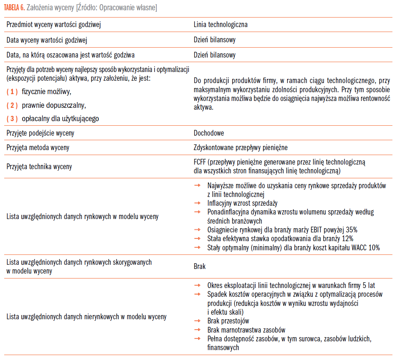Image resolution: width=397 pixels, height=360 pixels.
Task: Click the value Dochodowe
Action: (209, 133)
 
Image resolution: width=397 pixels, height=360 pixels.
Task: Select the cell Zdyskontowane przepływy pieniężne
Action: (240, 147)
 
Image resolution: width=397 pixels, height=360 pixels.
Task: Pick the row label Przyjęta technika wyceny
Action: (39, 166)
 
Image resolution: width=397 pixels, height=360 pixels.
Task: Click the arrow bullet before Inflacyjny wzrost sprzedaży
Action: (197, 203)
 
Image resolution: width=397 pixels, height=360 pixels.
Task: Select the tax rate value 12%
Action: (347, 239)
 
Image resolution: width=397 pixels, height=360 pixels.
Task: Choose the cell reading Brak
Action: (199, 266)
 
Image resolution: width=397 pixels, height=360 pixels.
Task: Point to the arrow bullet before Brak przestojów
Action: (197, 321)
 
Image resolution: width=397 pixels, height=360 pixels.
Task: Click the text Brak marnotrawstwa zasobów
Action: (246, 330)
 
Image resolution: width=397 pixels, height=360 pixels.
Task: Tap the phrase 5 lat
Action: (373, 285)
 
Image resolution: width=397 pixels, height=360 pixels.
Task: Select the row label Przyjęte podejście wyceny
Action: (40, 133)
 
